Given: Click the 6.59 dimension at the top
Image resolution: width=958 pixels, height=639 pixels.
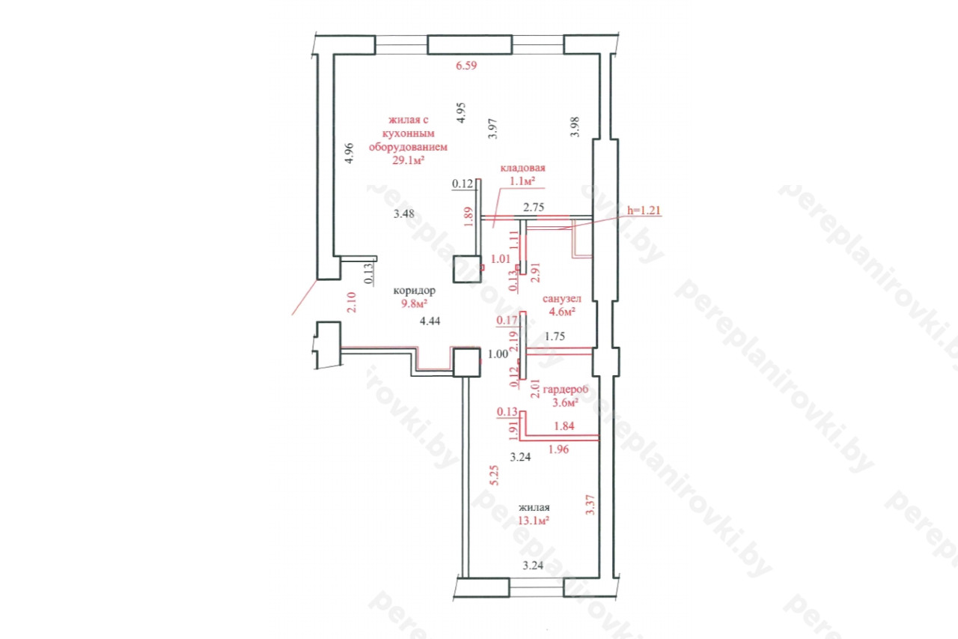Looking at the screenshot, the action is point(466,65).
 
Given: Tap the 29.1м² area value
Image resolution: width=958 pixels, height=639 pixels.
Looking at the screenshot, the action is point(409,160).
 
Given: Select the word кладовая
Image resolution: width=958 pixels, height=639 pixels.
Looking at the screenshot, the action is point(522,168).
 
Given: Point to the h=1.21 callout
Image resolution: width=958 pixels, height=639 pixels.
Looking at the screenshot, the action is point(644,211).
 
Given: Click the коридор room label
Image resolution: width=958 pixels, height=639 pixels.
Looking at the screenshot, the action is point(415,291).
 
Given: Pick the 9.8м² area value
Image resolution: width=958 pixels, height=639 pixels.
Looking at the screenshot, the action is point(414,304).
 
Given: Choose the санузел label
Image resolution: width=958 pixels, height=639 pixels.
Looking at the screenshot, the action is point(561,298).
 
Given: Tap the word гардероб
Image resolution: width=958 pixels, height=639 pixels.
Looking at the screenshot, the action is point(565,390).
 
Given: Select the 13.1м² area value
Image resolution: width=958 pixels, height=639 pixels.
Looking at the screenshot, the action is point(534,521).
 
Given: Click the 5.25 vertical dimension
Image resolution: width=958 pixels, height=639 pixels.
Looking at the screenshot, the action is point(494,475).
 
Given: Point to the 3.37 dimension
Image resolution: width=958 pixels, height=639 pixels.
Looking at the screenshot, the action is point(591,505).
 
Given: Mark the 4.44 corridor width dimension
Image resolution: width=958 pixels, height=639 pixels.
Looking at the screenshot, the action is point(430,321).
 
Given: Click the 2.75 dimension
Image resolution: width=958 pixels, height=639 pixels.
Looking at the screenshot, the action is point(534,208).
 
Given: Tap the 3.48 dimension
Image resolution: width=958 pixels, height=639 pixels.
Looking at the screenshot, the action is point(403,213).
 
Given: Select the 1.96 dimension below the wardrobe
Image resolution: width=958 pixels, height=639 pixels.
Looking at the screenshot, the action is point(558,449).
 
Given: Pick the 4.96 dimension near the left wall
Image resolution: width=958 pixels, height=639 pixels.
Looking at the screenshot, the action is point(350,154).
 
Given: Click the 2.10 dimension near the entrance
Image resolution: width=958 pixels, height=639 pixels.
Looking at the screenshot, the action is point(351,302).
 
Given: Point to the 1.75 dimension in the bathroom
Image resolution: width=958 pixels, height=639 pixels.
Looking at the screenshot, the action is point(555,336).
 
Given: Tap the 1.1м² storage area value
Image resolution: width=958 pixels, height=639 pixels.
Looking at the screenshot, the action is point(522,181).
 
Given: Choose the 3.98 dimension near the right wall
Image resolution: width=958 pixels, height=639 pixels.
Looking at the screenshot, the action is point(575,127).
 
